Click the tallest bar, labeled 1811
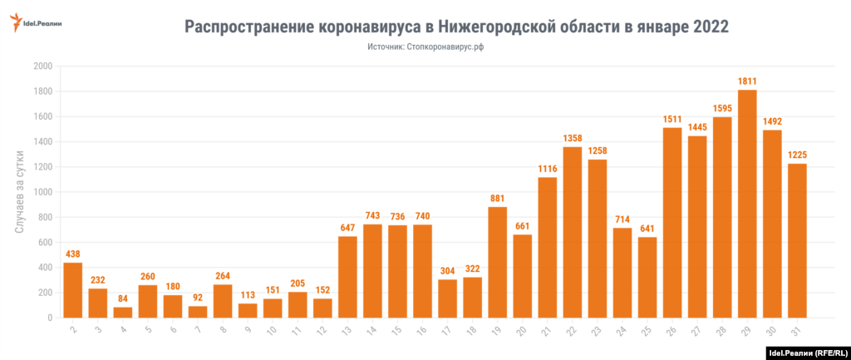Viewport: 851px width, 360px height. pyautogui.click(x=747, y=204)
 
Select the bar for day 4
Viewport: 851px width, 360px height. pyautogui.click(x=123, y=313)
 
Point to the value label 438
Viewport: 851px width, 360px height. pyautogui.click(x=73, y=254)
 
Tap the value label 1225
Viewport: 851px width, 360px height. pyautogui.click(x=797, y=155)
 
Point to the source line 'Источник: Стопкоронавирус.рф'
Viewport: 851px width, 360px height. pyautogui.click(x=425, y=47)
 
